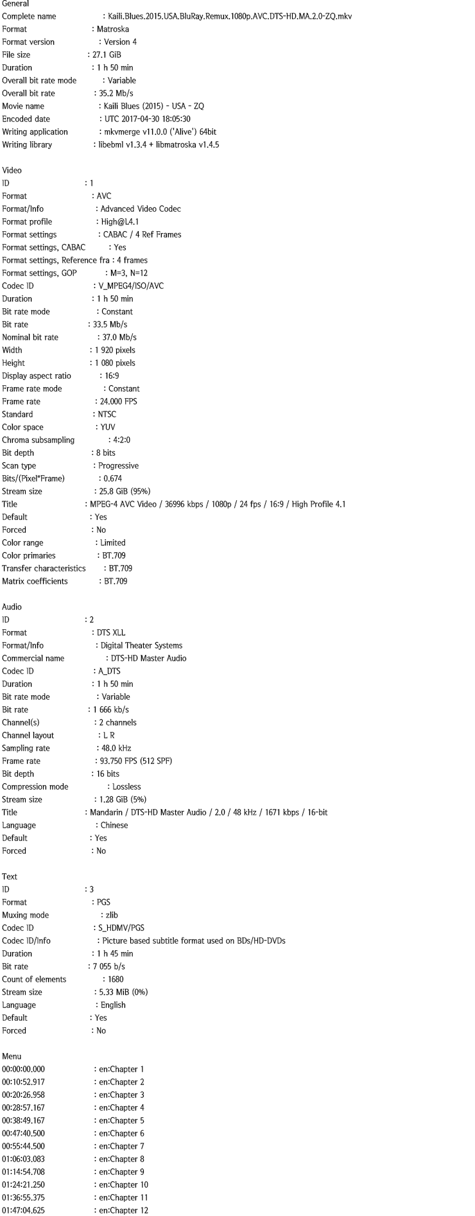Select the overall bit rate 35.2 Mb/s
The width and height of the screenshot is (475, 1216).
[116, 93]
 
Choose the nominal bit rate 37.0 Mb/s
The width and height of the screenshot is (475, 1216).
[119, 337]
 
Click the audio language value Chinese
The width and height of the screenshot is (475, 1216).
[114, 825]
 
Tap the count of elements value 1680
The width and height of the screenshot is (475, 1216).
[116, 979]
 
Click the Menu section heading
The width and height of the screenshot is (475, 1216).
[12, 1056]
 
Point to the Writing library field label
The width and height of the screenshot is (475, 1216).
[27, 144]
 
